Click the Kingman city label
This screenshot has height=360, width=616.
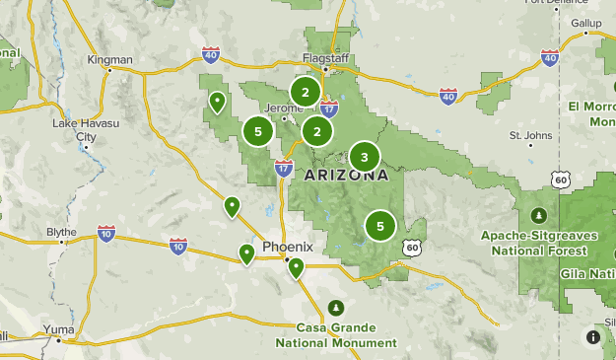point(109,60)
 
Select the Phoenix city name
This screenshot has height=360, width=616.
point(287,246)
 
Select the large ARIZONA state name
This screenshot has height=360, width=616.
point(345,176)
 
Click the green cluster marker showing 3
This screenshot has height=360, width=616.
point(365,157)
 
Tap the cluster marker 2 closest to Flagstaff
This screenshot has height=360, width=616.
point(306,93)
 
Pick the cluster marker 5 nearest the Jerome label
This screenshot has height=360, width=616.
point(258,130)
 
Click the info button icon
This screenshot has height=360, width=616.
point(593,336)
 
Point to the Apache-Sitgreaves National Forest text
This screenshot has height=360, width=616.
point(539,243)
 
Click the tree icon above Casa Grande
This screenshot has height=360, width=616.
point(337,307)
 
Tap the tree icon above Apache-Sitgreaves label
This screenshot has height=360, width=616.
point(539,215)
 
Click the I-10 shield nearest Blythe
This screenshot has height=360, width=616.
point(105,234)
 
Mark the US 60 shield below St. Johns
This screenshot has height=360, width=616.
point(560,179)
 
